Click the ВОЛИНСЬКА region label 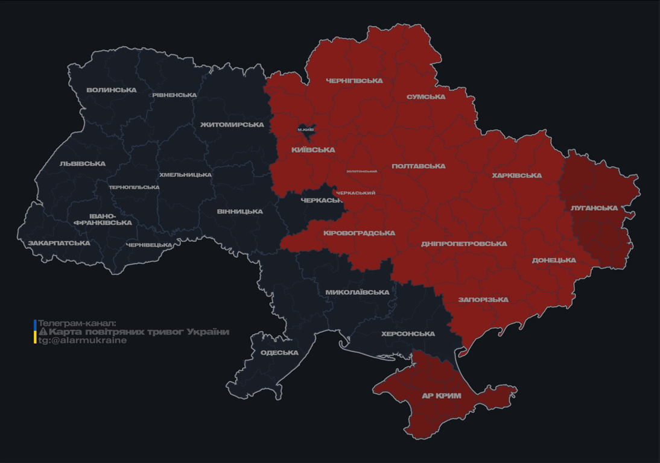click(112, 90)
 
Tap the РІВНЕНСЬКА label click(174, 95)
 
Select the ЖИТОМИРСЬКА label click(232, 125)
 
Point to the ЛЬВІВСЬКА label click(83, 164)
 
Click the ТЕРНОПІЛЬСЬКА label click(134, 187)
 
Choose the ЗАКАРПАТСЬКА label click(59, 244)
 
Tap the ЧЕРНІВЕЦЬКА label click(149, 245)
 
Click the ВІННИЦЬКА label click(240, 212)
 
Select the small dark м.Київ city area click(306, 130)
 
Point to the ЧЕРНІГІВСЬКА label click(354, 81)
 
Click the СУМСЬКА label click(426, 97)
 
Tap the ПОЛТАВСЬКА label click(419, 166)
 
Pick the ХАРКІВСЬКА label click(517, 176)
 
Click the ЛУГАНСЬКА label click(594, 208)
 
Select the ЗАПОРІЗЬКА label click(483, 300)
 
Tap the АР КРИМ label click(442, 396)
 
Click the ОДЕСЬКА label click(279, 353)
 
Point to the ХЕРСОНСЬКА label click(408, 334)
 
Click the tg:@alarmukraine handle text click(83, 341)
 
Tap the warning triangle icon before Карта click(43, 332)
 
